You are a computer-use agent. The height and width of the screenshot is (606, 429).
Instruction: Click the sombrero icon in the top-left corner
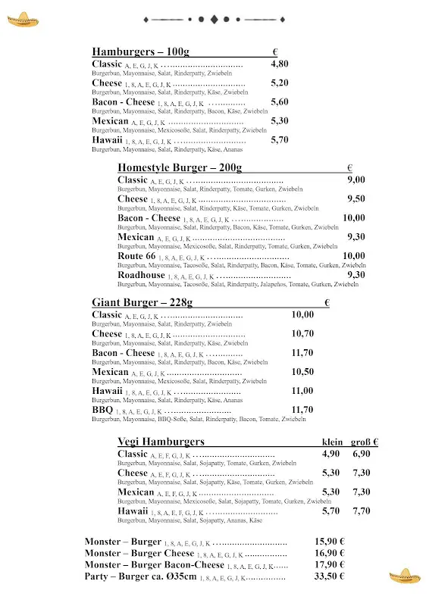(21, 18)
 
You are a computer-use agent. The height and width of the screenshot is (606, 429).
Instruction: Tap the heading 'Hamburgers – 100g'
(140, 52)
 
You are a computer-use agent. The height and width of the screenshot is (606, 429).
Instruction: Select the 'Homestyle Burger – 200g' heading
(180, 167)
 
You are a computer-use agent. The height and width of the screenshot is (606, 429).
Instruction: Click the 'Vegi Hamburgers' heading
(161, 442)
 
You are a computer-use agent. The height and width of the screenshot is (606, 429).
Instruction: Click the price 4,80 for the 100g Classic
(280, 64)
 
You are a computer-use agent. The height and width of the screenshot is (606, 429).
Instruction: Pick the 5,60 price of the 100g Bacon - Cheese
(280, 102)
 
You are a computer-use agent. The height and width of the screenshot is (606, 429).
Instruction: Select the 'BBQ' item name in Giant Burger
(102, 410)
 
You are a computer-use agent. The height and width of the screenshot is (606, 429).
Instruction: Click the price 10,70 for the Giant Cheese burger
(302, 334)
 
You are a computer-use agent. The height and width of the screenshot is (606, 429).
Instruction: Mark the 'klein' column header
(333, 442)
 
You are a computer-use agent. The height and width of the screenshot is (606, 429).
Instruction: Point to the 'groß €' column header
(365, 442)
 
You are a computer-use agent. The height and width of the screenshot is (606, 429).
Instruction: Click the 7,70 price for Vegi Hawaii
(362, 511)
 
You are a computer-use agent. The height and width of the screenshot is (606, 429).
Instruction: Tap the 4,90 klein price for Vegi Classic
(330, 454)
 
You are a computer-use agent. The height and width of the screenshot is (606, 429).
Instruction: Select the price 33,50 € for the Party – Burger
(330, 576)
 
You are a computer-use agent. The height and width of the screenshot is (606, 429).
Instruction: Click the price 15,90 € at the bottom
(330, 542)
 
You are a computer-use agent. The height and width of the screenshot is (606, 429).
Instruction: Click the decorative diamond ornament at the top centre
(214, 18)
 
